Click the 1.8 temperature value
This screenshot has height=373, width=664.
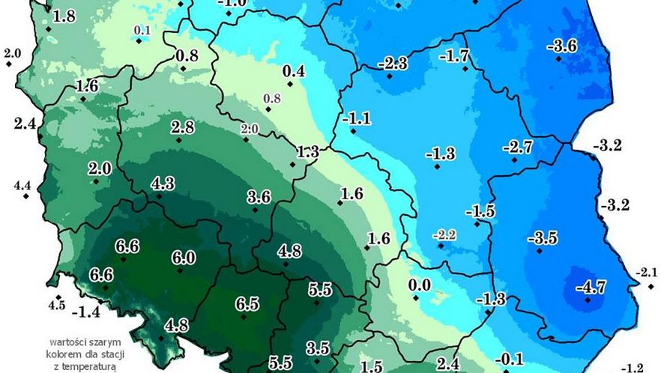pyautogui.click(x=64, y=16)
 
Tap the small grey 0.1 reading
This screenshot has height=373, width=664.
pyautogui.click(x=142, y=31)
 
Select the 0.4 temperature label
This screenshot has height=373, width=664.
pyautogui.click(x=293, y=71)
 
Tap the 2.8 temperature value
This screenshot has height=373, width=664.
pyautogui.click(x=182, y=126)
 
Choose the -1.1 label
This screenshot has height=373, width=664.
pyautogui.click(x=356, y=118)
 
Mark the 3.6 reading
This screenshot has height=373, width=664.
pyautogui.click(x=259, y=197)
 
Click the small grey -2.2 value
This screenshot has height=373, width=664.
pyautogui.click(x=444, y=235)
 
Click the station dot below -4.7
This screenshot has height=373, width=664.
pyautogui.click(x=588, y=300)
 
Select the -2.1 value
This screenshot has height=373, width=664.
pyautogui.click(x=645, y=271)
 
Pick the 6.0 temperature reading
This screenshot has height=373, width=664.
pyautogui.click(x=184, y=258)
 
